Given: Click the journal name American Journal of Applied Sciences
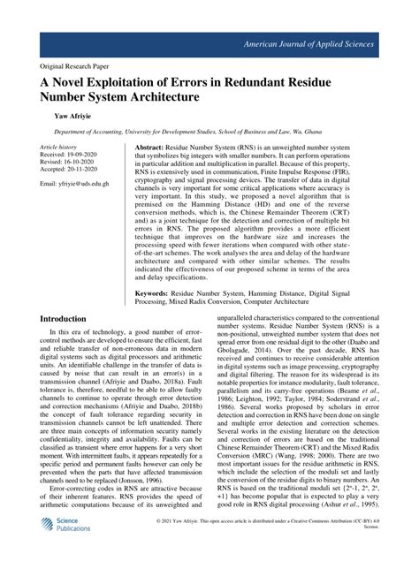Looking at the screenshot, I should coord(319,43).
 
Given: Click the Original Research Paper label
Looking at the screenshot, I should coord(76,65).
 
